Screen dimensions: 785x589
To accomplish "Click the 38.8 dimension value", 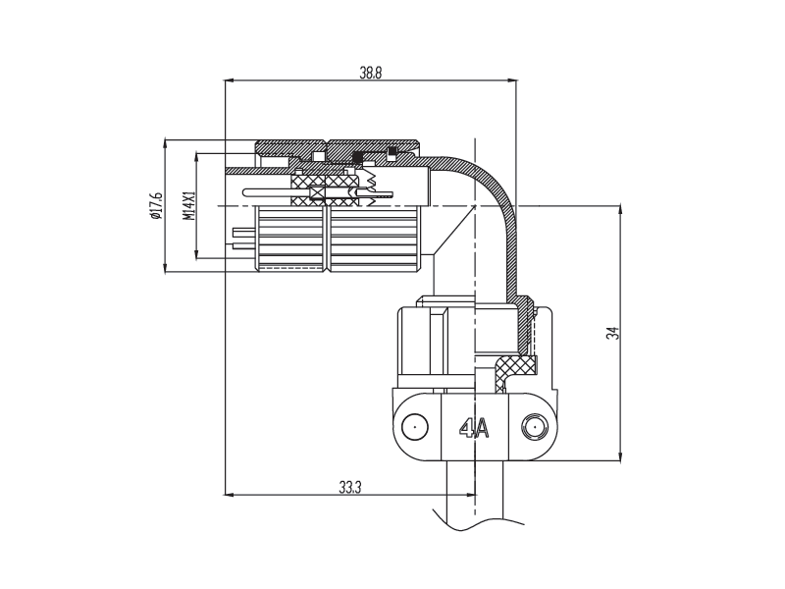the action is pos(371,73).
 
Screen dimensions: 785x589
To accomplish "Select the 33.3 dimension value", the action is pos(350,487).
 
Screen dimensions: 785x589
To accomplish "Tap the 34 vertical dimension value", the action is pos(612,333).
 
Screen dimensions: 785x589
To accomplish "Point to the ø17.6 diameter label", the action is pos(156,205).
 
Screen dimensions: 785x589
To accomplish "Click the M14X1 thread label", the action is pos(188,206).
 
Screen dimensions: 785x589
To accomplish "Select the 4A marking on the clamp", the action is pos(474,428).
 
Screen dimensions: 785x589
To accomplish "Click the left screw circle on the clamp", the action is pos(415,427).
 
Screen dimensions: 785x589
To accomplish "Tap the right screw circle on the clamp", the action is pos(535,427).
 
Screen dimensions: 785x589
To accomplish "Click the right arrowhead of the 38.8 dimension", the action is pos(512,80).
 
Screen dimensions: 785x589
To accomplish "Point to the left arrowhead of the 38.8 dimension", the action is pos(230,80).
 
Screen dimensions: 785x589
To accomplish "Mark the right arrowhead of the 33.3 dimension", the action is pos(471,495).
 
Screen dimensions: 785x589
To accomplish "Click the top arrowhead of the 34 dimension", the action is pos(621,210).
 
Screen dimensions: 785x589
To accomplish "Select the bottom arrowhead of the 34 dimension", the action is pos(621,455).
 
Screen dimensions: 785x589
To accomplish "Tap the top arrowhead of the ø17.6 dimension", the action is pos(165,144).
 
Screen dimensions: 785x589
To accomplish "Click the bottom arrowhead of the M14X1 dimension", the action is pos(196,253).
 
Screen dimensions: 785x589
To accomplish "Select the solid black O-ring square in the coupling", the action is pos(357,158).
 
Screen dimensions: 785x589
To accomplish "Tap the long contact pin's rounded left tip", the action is pos(244,192).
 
